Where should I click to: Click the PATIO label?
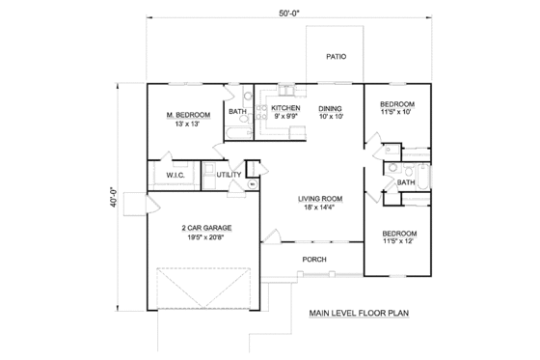[336, 57]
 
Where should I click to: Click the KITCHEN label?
[286, 108]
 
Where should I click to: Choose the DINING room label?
[331, 108]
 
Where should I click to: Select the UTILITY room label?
[229, 175]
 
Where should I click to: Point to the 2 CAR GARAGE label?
[206, 228]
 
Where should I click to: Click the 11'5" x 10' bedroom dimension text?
[397, 113]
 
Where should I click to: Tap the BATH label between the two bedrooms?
[407, 181]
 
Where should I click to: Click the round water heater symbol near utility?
[252, 182]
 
